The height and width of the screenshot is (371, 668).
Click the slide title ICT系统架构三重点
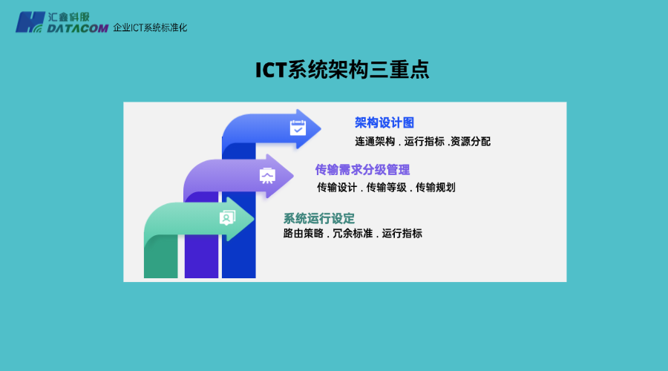click(x=342, y=70)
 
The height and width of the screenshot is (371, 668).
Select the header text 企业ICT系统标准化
click(x=150, y=27)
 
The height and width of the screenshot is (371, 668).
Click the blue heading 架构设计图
click(x=384, y=122)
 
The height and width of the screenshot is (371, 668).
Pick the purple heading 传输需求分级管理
click(x=362, y=169)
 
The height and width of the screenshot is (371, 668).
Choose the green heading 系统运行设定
click(x=318, y=218)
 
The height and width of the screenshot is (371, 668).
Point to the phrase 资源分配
click(x=471, y=141)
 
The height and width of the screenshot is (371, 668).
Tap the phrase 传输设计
click(x=337, y=187)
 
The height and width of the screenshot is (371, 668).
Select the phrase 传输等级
click(x=386, y=187)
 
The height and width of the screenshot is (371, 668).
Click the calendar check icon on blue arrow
click(x=298, y=128)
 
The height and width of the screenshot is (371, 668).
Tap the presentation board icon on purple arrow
click(x=267, y=175)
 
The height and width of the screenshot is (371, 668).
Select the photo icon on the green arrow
click(x=228, y=217)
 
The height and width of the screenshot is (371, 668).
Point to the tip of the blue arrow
click(x=321, y=129)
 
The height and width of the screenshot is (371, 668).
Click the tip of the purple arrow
click(x=293, y=175)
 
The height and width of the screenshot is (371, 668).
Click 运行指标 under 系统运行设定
click(x=402, y=234)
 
